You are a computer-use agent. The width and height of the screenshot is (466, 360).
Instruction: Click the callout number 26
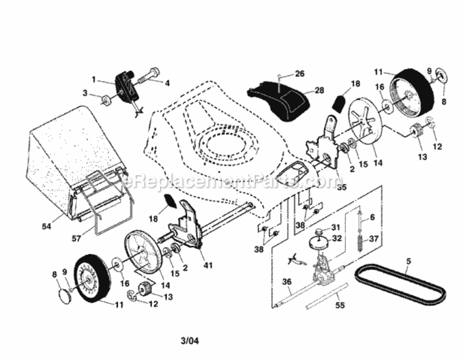(x=299, y=73)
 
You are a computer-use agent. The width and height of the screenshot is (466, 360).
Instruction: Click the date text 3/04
(x=190, y=341)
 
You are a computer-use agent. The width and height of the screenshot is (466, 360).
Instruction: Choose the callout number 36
(x=287, y=282)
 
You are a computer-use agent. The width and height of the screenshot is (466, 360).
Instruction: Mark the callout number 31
(x=335, y=227)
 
